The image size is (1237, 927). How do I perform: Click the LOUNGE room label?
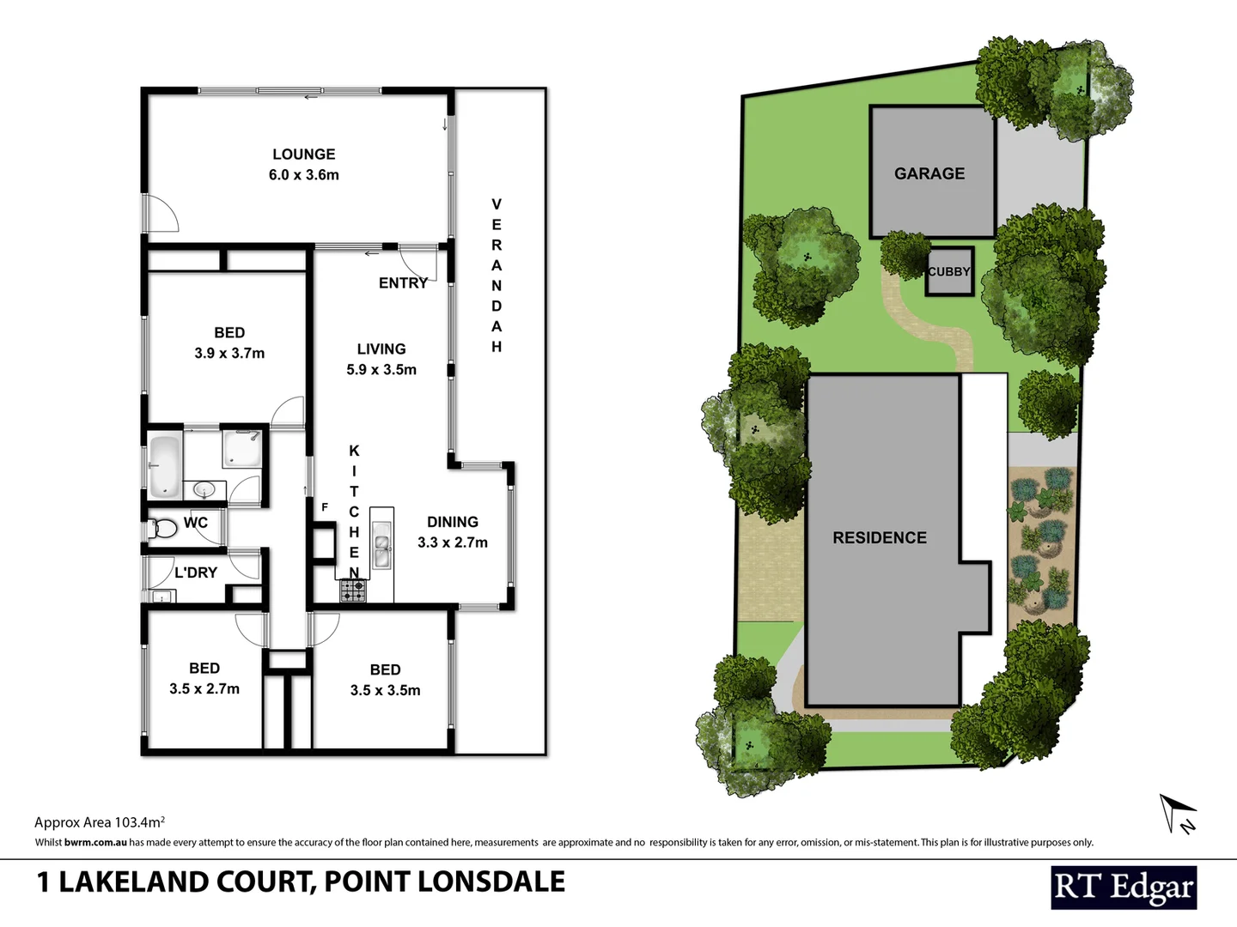tap(303, 154)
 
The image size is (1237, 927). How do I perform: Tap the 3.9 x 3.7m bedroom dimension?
tap(229, 353)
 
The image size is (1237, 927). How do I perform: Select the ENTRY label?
tap(403, 283)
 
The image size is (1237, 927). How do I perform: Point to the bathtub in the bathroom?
tap(164, 466)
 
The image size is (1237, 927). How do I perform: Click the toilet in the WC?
tap(162, 529)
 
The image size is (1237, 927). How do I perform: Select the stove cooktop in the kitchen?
tap(353, 591)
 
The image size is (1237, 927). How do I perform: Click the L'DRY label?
tap(196, 573)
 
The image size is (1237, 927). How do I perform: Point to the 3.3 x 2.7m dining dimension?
tap(453, 542)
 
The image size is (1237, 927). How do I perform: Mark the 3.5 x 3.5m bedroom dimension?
tap(385, 690)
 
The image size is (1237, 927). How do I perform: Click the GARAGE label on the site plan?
tap(929, 173)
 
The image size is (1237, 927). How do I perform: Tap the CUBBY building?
tap(949, 272)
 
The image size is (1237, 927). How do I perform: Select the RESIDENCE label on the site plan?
tap(880, 538)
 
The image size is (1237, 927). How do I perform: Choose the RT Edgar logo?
tap(1124, 888)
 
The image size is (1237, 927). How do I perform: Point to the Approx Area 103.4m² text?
tap(100, 822)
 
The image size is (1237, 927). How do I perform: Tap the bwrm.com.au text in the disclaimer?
tap(95, 843)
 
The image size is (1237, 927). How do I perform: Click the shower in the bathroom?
tap(242, 447)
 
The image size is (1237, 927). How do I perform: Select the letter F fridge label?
tap(325, 507)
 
